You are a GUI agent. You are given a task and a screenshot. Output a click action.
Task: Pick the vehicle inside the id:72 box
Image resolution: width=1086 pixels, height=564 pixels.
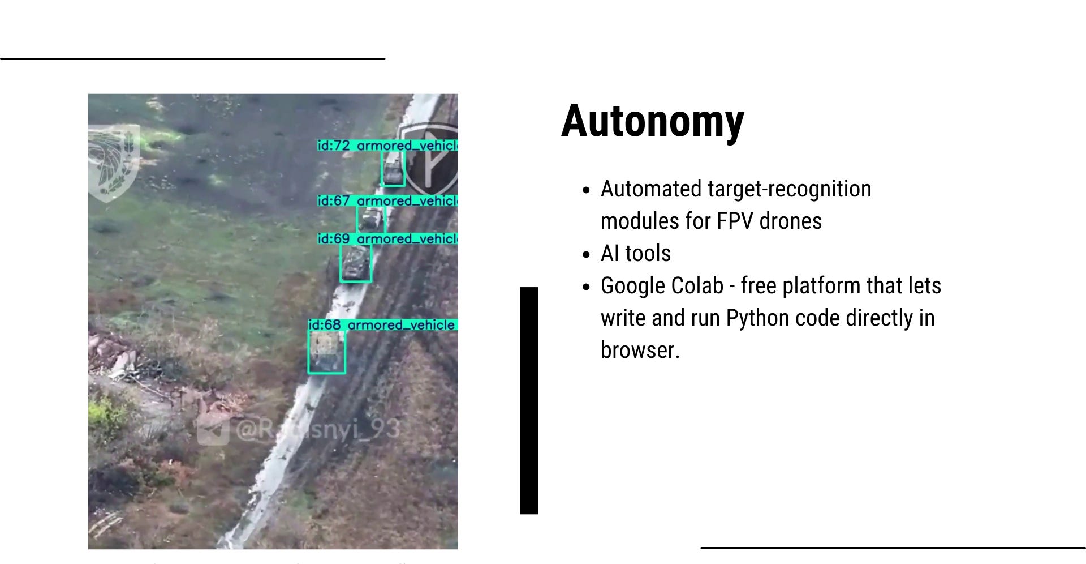click(393, 169)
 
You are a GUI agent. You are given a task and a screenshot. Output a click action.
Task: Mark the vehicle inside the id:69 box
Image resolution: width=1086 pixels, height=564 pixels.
click(355, 263)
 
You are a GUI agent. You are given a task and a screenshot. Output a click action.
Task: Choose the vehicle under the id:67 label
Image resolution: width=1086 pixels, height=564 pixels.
click(371, 218)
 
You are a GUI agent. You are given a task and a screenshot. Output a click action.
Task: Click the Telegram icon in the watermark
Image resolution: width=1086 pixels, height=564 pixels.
click(213, 430)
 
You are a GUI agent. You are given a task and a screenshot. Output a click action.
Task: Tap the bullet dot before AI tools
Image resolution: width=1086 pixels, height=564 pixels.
click(586, 255)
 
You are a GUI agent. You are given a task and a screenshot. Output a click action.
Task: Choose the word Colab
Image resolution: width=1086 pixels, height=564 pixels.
click(698, 286)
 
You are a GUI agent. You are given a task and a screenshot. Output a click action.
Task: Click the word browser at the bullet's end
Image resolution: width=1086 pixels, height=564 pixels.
click(639, 351)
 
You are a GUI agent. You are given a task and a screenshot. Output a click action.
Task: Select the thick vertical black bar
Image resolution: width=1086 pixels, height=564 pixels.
click(529, 400)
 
